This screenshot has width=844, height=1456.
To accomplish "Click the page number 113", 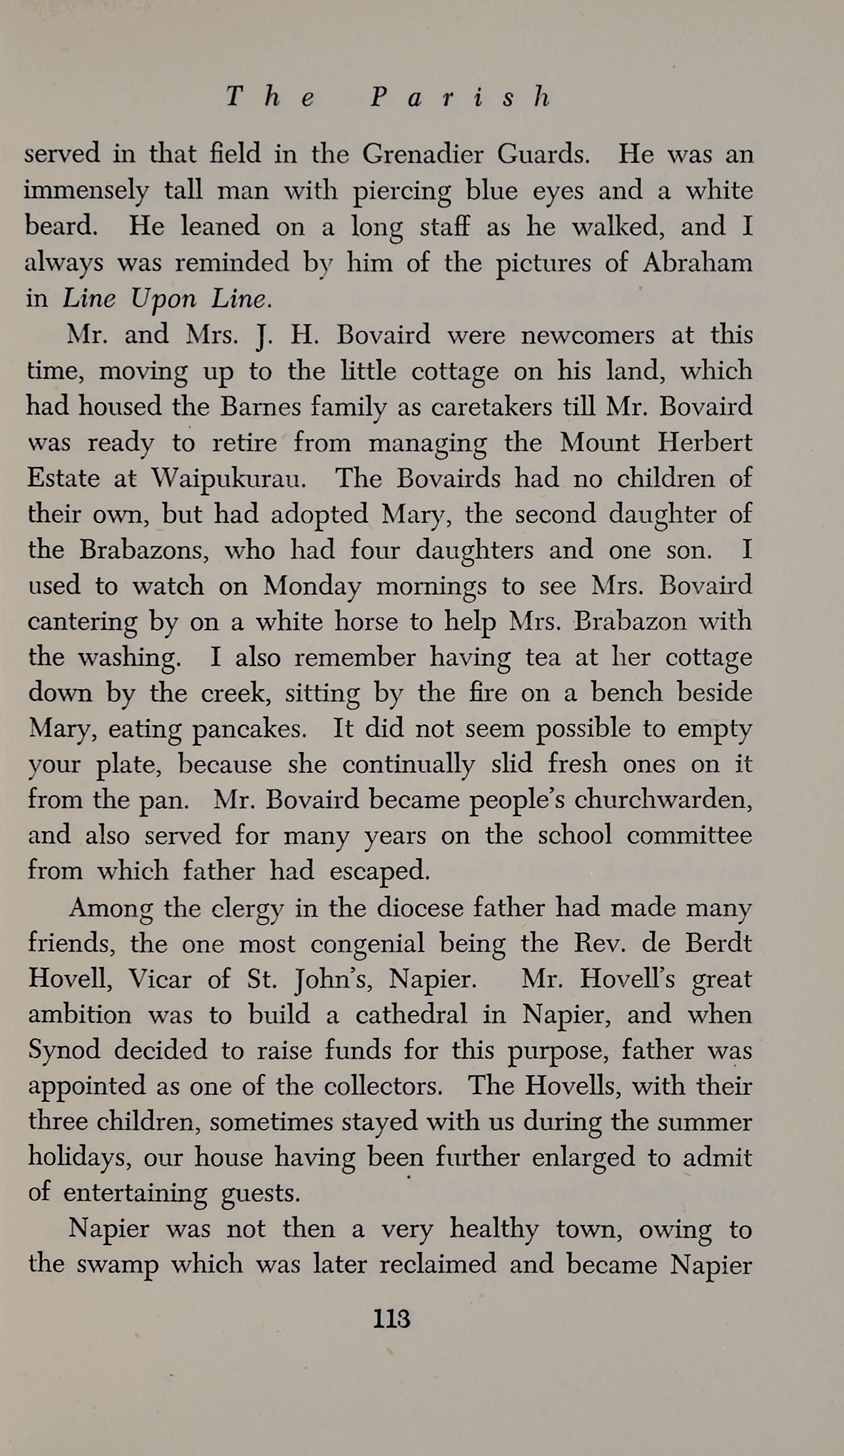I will click(x=392, y=1318).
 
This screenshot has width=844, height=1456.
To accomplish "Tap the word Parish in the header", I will click(x=460, y=97).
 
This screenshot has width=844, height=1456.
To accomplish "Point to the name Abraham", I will click(x=697, y=262).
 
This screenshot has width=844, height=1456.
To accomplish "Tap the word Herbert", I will click(x=705, y=442).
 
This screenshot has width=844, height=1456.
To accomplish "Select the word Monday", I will click(x=312, y=586).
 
